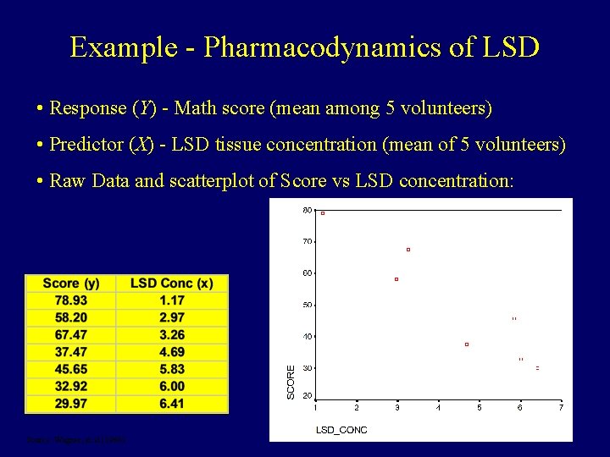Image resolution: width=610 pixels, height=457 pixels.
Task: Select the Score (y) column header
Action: coord(72,284)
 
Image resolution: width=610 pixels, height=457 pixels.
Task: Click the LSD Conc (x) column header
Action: coord(172,284)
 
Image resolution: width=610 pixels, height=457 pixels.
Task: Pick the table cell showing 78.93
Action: coord(72,300)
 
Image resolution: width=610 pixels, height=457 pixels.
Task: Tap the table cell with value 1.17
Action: coord(172,300)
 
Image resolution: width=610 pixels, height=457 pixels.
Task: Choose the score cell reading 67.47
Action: coord(72,335)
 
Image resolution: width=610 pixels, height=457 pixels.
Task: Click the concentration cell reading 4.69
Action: coord(172,352)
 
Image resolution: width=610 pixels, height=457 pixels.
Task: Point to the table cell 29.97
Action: coord(72,404)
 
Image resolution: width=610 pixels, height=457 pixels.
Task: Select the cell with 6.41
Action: coord(172,404)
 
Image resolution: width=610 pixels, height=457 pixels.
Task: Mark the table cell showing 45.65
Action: coord(72,369)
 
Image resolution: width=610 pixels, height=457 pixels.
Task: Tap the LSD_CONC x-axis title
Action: coord(341,430)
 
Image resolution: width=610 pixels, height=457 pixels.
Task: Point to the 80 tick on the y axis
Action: coord(307,210)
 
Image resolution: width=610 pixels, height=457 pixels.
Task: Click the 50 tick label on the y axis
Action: coord(307,305)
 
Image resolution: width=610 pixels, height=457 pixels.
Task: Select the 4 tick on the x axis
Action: coord(438,408)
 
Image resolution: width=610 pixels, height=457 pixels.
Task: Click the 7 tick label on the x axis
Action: coord(561,408)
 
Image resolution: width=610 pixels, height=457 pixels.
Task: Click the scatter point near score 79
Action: coord(323,213)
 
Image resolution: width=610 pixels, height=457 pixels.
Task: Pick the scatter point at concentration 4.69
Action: coord(467,344)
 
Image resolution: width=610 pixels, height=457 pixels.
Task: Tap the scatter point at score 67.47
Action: coord(408,250)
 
